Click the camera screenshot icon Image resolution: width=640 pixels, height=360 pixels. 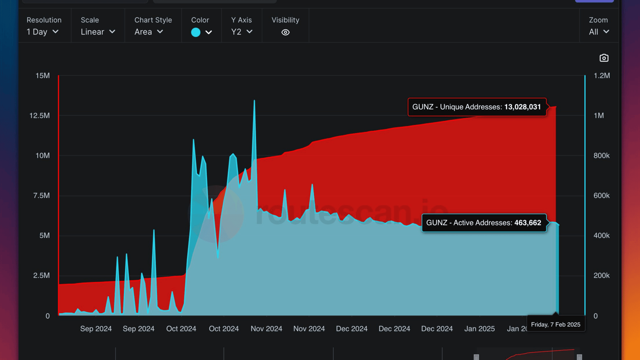click(604, 58)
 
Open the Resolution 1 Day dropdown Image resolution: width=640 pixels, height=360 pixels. click(43, 32)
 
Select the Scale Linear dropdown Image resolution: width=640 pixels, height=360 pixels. click(98, 32)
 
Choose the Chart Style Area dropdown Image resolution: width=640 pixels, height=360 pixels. click(149, 32)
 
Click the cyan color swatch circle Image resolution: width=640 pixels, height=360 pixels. click(196, 32)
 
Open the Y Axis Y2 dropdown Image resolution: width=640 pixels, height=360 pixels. click(242, 32)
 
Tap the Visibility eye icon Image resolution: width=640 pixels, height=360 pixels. click(285, 32)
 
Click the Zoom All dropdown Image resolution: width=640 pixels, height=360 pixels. click(599, 32)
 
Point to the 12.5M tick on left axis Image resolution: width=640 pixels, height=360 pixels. click(40, 116)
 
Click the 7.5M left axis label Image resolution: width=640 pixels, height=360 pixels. click(41, 196)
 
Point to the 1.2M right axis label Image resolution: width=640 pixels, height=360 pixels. click(602, 76)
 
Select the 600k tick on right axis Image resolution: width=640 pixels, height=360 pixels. click(601, 196)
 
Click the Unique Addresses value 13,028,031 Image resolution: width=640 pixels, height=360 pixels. click(522, 107)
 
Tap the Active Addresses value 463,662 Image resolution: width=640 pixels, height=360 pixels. click(528, 223)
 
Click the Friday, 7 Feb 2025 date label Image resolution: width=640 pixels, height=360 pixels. click(555, 325)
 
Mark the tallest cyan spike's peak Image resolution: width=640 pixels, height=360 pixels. click(254, 100)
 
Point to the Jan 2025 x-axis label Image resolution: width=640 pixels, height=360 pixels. click(479, 329)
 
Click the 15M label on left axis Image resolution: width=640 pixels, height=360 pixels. click(43, 76)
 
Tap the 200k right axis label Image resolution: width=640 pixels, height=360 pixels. click(601, 276)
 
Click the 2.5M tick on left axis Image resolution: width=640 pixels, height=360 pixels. click(41, 276)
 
